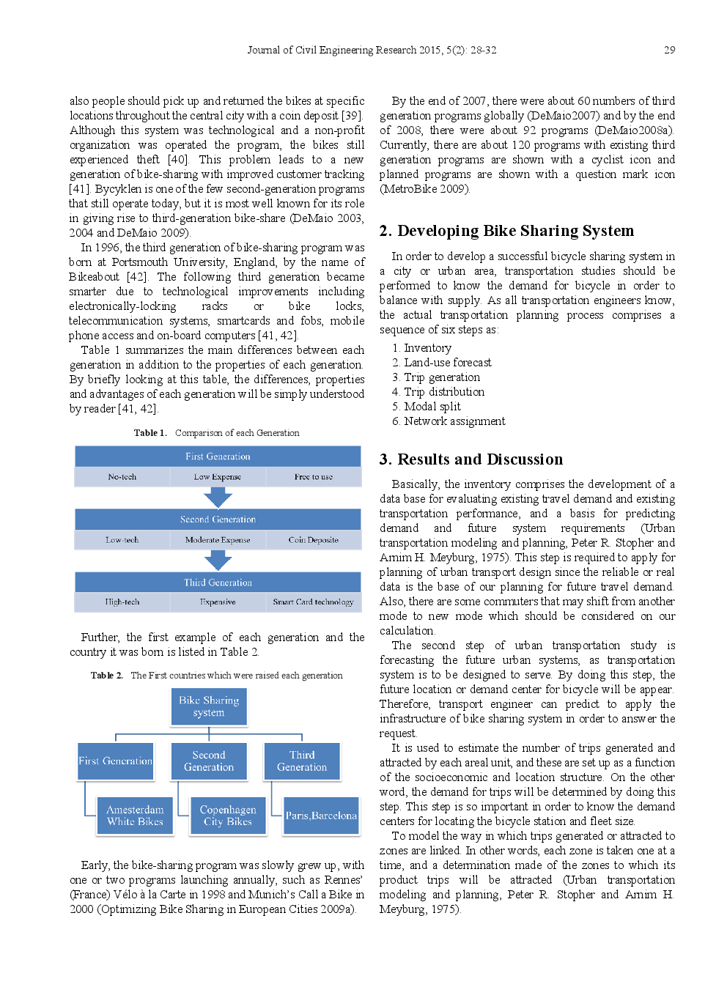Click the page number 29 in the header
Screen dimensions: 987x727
[669, 50]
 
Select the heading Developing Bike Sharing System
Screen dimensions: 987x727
[506, 231]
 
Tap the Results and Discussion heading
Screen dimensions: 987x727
[471, 459]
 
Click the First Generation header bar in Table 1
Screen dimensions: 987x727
[218, 456]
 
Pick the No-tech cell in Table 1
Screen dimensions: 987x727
[122, 477]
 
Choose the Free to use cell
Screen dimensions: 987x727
[314, 477]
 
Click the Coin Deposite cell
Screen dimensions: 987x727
[314, 540]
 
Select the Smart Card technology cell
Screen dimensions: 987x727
[314, 602]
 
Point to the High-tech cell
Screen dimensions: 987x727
[122, 602]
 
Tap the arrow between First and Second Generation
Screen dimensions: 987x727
[218, 498]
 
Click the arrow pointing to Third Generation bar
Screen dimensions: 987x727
[218, 561]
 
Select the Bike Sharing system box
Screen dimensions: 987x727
[209, 706]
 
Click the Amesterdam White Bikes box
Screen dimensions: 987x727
[135, 816]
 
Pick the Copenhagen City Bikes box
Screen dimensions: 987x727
[228, 816]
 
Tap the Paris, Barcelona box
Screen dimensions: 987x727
[321, 816]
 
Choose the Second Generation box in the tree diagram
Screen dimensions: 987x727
[209, 761]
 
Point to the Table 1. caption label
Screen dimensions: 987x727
[150, 433]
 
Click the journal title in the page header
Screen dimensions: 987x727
[372, 50]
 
